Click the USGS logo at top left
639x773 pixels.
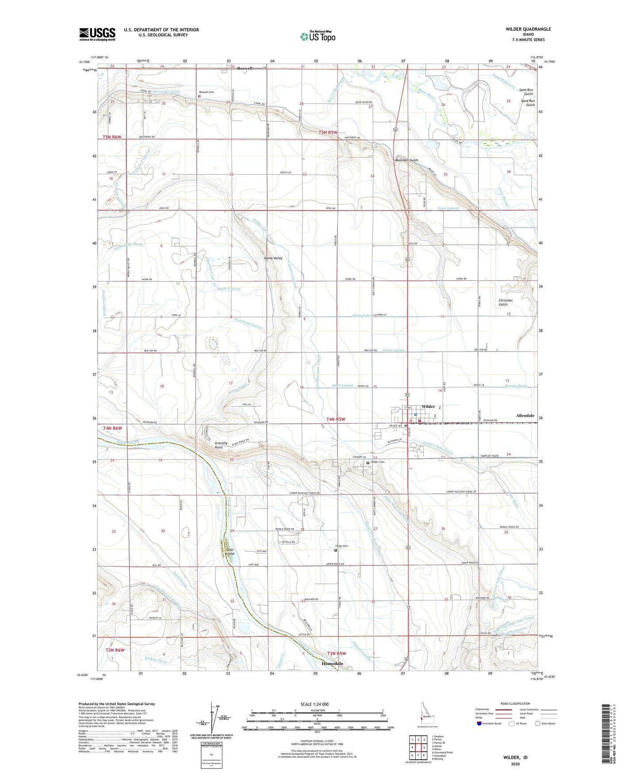click(97, 34)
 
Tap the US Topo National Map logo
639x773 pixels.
click(318, 36)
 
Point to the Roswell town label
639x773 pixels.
click(245, 68)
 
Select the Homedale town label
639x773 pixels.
click(332, 664)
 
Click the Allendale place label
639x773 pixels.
click(525, 416)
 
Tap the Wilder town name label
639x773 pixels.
click(428, 406)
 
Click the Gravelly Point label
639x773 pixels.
click(221, 445)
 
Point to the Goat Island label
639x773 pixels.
click(230, 552)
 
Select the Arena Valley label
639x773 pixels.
click(273, 258)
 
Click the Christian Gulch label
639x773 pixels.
click(505, 302)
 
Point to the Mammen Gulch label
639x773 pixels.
click(406, 160)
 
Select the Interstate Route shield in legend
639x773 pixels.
click(480, 723)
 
